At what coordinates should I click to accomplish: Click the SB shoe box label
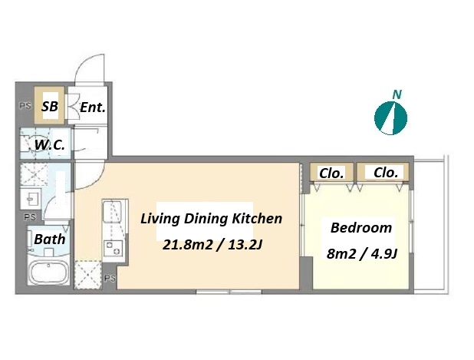[50, 106]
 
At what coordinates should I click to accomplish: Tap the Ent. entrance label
[93, 107]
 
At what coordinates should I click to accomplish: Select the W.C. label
[50, 145]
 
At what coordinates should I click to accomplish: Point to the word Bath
[50, 239]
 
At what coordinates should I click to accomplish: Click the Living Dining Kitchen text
[211, 219]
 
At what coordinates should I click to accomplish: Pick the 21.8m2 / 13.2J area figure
[212, 245]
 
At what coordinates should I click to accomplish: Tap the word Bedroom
[361, 227]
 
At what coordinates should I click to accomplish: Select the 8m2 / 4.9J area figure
[361, 254]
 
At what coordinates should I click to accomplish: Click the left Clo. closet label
[331, 173]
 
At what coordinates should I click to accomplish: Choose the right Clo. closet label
[386, 173]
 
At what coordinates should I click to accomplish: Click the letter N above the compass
[397, 94]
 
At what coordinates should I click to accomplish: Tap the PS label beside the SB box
[25, 106]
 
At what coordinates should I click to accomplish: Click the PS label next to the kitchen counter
[110, 278]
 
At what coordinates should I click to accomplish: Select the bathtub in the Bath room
[49, 272]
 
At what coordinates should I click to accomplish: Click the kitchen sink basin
[112, 211]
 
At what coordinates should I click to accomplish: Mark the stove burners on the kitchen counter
[114, 248]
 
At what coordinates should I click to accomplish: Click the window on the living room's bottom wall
[229, 292]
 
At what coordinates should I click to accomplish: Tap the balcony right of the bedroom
[430, 224]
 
